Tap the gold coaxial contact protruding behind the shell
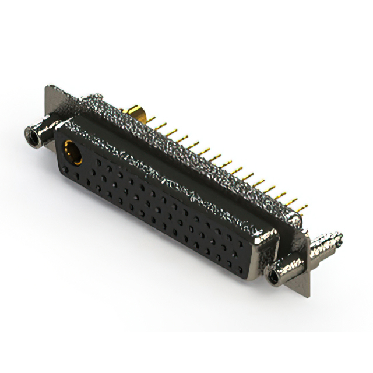[x=139, y=112]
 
